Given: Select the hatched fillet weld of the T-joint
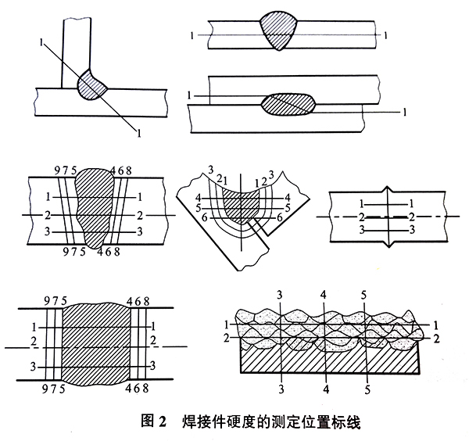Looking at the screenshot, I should click(91, 84).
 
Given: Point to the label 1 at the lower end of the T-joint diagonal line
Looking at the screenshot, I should click(139, 135).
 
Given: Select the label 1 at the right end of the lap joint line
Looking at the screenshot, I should click(404, 113).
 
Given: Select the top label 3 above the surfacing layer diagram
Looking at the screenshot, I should click(279, 294).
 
